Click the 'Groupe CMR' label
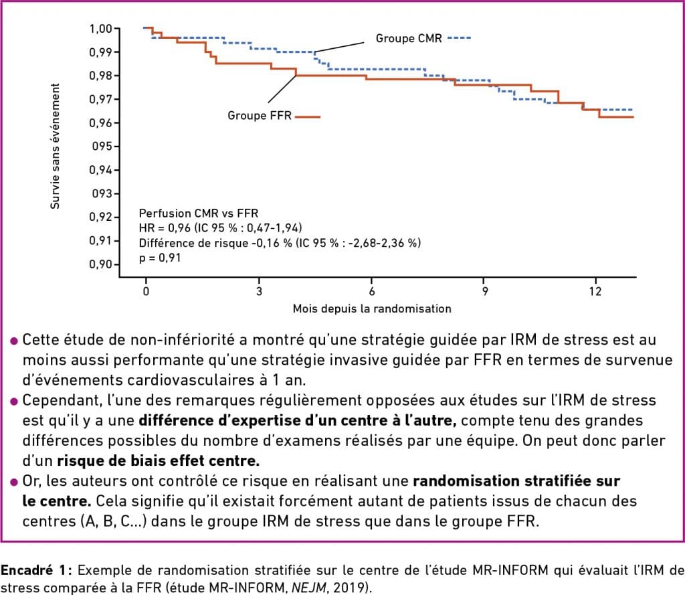[x=408, y=38]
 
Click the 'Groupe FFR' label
[x=260, y=116]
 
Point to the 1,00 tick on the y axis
[x=102, y=29]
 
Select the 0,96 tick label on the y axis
[x=102, y=123]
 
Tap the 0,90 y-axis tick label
[x=102, y=264]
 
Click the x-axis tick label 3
[x=259, y=292]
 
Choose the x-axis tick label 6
[x=371, y=292]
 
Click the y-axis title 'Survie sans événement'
[x=56, y=147]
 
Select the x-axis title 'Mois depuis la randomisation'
[x=371, y=309]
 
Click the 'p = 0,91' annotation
[x=159, y=256]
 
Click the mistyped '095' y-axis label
[x=103, y=147]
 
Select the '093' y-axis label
[x=103, y=194]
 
